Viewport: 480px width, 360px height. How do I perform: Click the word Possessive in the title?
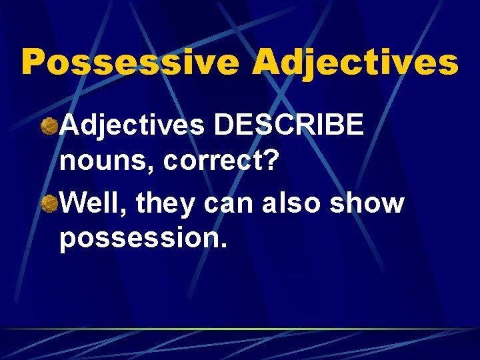(130, 62)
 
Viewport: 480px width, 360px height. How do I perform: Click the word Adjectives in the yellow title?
(355, 62)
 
